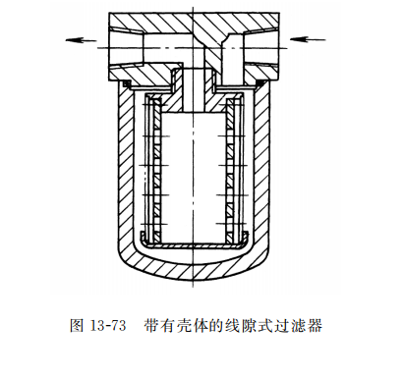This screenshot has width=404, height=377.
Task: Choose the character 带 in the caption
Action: click(148, 327)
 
